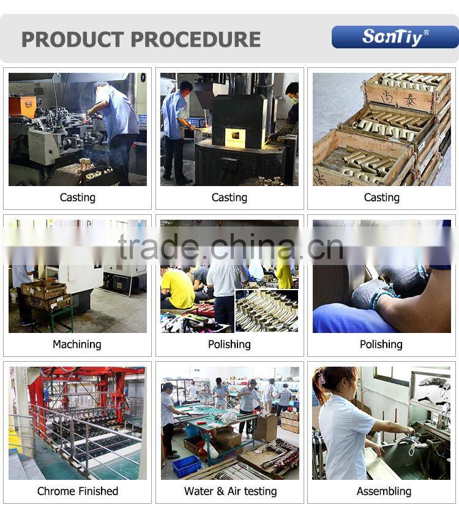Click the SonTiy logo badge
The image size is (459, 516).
pyautogui.click(x=395, y=37)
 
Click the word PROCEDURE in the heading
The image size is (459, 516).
pyautogui.click(x=196, y=40)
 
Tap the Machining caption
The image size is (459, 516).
pyautogui.click(x=77, y=344)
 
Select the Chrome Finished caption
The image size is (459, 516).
pyautogui.click(x=78, y=491)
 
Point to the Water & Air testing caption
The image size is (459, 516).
pyautogui.click(x=230, y=491)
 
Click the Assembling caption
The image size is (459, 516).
pyautogui.click(x=384, y=492)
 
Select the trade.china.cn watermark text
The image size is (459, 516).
pyautogui.click(x=231, y=247)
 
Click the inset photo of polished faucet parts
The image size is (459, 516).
pyautogui.click(x=267, y=311)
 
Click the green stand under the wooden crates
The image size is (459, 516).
pyautogui.click(x=53, y=318)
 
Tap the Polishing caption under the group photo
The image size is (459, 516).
pyautogui.click(x=229, y=344)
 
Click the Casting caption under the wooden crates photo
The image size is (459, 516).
pyautogui.click(x=382, y=198)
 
